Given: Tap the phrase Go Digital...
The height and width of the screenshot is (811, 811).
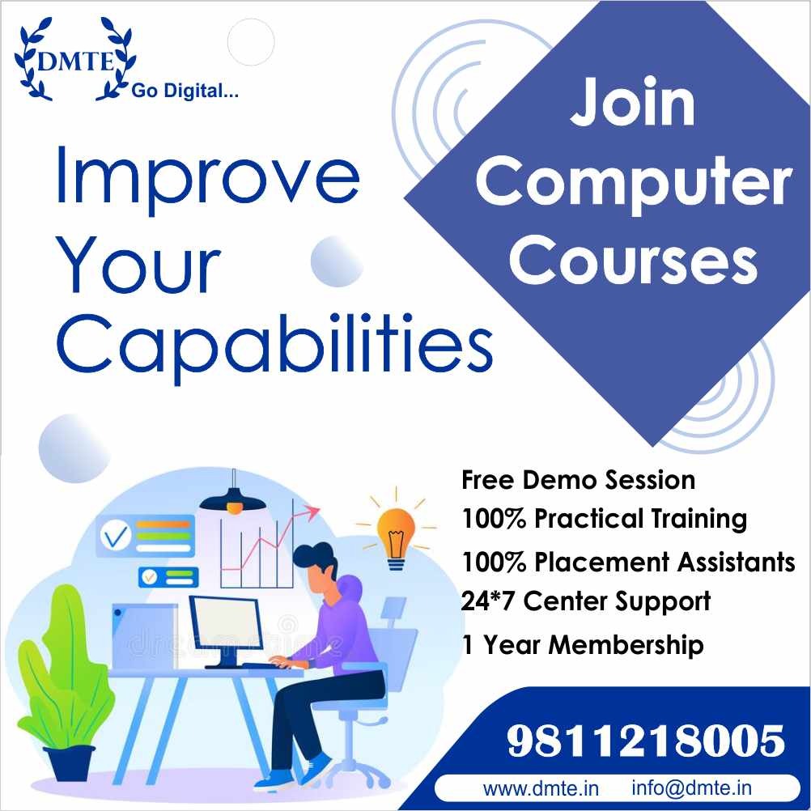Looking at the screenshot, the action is coord(185,91).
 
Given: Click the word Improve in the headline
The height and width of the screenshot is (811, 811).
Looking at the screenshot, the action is coord(207,178).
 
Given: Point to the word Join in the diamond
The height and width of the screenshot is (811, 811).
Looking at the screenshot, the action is coord(633,103).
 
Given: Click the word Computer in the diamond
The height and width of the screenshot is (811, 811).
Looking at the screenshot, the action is coord(634,183).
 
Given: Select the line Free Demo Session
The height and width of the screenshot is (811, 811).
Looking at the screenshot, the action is coord(578,479).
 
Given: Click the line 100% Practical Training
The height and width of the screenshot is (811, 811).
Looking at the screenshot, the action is coord(604,518).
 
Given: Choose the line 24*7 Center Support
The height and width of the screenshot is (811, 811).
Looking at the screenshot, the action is coord(586,601).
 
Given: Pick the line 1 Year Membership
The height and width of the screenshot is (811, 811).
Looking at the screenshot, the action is coord(583,644).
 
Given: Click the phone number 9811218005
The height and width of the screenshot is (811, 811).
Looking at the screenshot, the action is coord(646,741).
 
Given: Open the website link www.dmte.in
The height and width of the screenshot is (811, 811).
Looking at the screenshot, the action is coord(541,789).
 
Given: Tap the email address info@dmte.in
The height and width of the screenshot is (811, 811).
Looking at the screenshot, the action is coord(691,788).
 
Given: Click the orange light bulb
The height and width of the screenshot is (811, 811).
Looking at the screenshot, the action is coord(396,538).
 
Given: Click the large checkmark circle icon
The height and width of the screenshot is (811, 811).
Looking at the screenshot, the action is coord(117,537).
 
